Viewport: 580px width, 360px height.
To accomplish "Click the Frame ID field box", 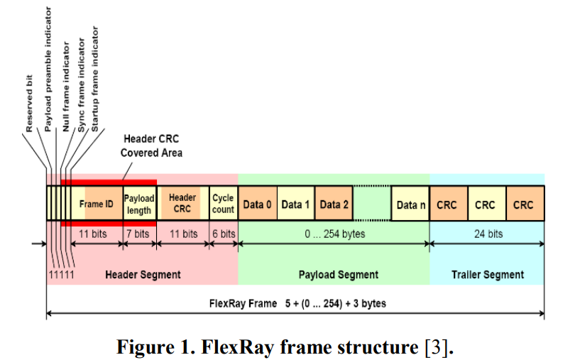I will [x=97, y=204].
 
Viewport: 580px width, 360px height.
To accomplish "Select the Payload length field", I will [x=139, y=204].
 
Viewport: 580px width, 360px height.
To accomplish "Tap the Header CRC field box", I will [x=182, y=204].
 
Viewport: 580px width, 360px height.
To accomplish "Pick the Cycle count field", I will [x=223, y=204].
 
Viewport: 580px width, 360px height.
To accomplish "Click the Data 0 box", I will [x=257, y=204].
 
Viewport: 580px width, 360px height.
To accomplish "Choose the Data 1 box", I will [x=295, y=204].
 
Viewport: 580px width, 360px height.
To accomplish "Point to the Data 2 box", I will [x=334, y=204].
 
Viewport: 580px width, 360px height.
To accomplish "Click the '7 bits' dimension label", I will [x=138, y=234].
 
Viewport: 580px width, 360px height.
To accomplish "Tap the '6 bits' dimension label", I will [x=223, y=234].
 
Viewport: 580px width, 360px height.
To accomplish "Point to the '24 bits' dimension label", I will [x=488, y=234].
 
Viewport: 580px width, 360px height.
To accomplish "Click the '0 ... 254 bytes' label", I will [x=334, y=234].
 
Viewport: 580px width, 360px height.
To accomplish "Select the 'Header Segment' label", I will [x=143, y=274].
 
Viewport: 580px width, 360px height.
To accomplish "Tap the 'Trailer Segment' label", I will [x=488, y=274].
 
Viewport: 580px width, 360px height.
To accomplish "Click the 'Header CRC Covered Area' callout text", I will [x=151, y=146].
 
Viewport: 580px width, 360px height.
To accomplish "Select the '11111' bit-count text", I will [x=61, y=274].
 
